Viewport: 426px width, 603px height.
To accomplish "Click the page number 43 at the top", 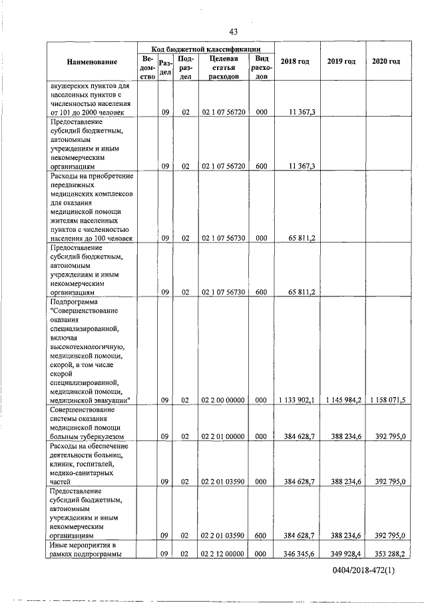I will coord(233,31).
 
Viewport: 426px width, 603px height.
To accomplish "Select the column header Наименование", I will coord(92,62).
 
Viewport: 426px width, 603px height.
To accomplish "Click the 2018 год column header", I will coord(296,62).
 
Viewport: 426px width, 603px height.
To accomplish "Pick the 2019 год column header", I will coord(341,62).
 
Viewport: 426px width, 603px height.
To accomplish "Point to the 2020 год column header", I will coord(386,62).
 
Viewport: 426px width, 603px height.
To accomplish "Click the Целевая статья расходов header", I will coord(223,67).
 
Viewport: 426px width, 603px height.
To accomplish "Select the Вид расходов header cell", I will coord(261,67).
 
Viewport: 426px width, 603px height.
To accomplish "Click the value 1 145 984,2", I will coord(343,400).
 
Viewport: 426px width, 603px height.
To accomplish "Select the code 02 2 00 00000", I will coord(223,400).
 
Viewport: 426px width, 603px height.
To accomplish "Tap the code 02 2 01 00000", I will coord(223,436).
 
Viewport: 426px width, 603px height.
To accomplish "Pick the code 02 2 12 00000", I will coord(223,553).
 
